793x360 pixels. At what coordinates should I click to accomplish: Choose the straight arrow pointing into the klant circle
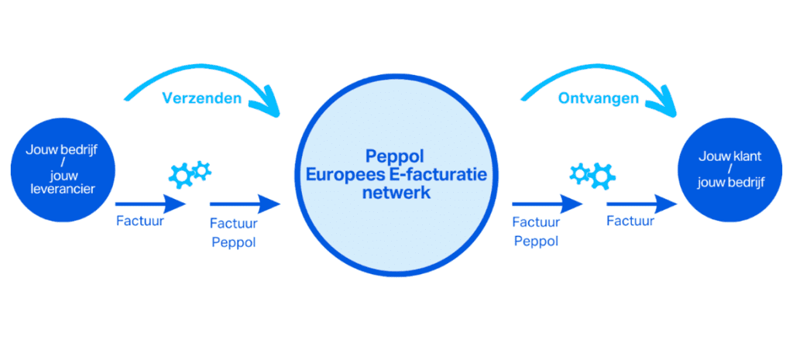[642, 204]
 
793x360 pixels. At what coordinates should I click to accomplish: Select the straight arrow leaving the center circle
[547, 204]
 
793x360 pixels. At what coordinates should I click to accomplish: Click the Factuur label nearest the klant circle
[630, 221]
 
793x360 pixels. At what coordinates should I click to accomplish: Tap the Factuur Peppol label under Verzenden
[233, 232]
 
